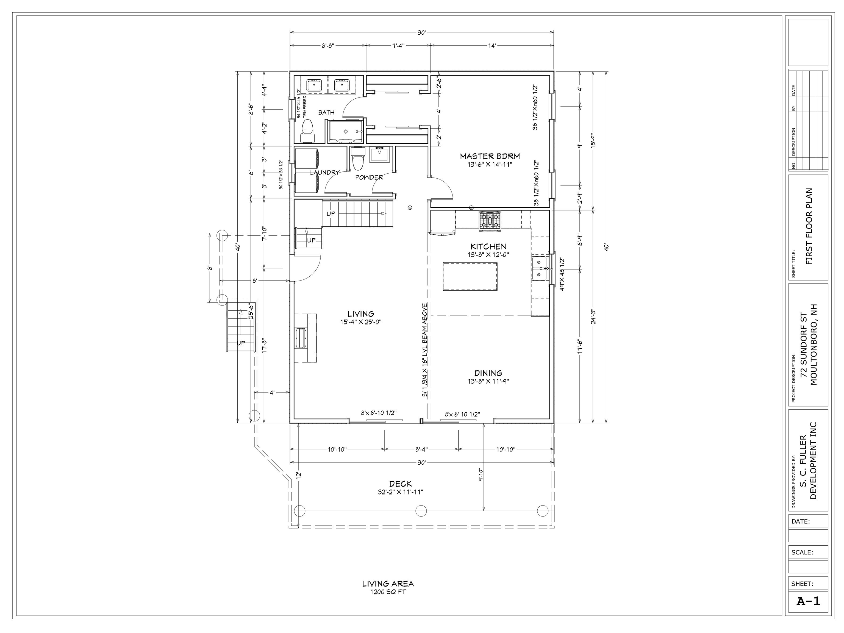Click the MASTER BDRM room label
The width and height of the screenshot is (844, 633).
click(490, 156)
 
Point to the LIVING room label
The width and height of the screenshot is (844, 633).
click(360, 314)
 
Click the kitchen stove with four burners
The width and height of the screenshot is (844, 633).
click(490, 221)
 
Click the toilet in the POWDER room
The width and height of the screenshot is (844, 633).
click(358, 160)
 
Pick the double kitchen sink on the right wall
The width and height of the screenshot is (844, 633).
click(540, 269)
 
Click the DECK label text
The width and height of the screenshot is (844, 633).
click(400, 484)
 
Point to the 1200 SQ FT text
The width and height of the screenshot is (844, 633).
click(388, 592)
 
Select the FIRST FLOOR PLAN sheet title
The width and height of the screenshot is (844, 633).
click(809, 226)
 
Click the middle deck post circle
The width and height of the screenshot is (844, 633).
click(421, 510)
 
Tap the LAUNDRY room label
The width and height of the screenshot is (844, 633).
click(324, 173)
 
